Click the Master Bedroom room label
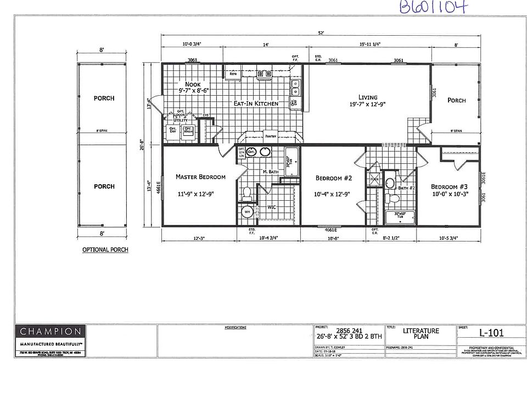click(200, 177)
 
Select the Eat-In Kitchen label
click(256, 103)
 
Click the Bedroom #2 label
click(333, 178)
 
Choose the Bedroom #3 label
click(449, 186)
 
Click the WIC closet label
click(272, 207)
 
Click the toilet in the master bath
click(247, 193)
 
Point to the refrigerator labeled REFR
click(233, 73)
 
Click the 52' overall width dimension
click(321, 33)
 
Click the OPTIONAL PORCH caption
click(105, 250)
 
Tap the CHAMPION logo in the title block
click(51, 331)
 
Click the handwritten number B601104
click(434, 7)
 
